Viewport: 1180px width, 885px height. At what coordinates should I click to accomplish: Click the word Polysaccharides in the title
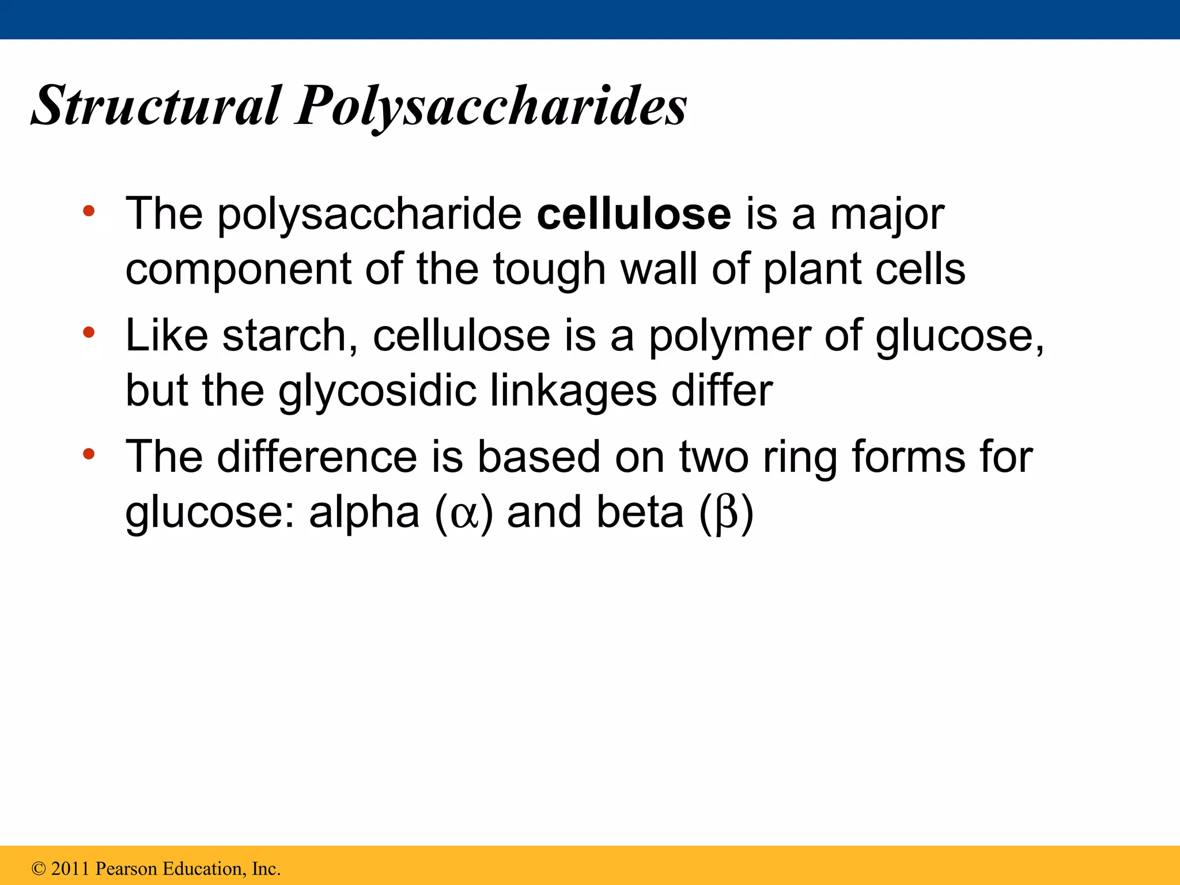click(x=490, y=107)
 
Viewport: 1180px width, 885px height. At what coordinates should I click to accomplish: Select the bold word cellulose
click(x=634, y=214)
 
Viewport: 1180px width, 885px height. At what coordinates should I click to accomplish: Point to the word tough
click(x=549, y=270)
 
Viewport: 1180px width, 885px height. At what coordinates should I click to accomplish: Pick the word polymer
click(x=729, y=336)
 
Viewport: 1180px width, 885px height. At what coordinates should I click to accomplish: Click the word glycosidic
click(x=377, y=391)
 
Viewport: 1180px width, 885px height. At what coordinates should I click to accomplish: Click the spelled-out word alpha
click(x=364, y=512)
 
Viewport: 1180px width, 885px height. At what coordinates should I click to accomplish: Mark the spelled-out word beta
click(x=640, y=512)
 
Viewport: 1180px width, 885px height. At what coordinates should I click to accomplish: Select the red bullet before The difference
click(x=88, y=454)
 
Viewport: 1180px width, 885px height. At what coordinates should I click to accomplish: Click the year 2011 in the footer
click(x=71, y=868)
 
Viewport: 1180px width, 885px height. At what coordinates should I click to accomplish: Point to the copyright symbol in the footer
click(x=39, y=868)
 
